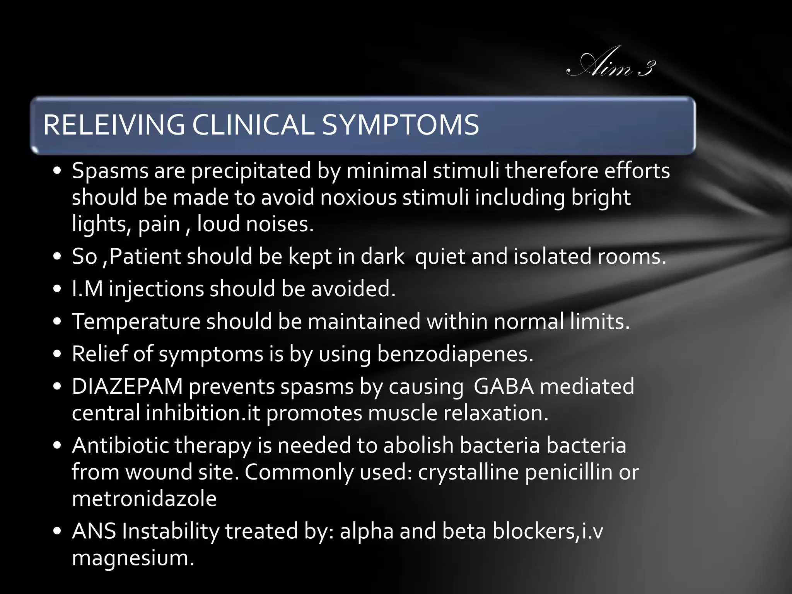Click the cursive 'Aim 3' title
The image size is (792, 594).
(611, 64)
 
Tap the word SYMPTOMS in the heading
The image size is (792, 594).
(400, 125)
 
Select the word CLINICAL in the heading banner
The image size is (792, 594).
(253, 125)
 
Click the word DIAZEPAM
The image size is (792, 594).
(127, 386)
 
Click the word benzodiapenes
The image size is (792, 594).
(455, 354)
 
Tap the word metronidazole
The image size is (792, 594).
(144, 498)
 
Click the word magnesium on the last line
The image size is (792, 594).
(133, 558)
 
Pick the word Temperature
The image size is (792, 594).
(136, 322)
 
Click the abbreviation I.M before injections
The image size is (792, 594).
(87, 289)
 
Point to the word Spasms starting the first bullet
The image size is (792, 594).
(110, 171)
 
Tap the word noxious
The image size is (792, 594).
(358, 198)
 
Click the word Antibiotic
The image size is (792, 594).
(121, 445)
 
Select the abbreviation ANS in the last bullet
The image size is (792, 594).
(94, 531)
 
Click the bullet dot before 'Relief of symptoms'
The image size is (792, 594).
(58, 354)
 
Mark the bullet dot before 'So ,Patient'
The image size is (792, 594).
(58, 257)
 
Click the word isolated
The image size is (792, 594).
(553, 257)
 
